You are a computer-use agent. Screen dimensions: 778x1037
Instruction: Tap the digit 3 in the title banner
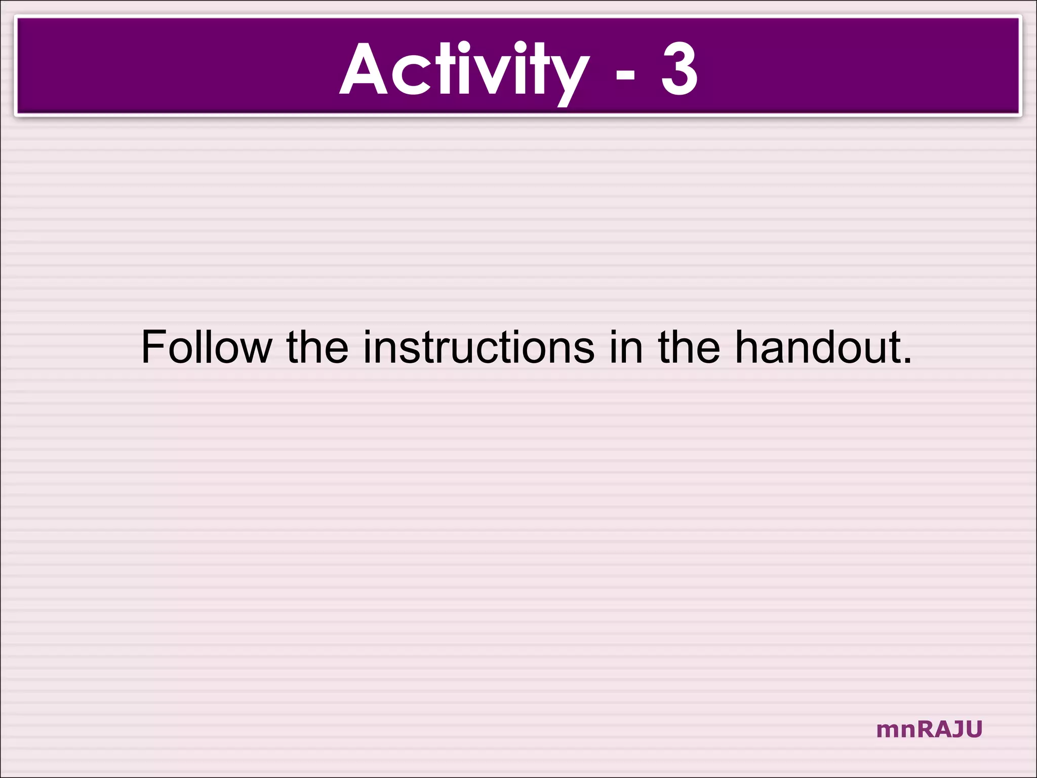680,69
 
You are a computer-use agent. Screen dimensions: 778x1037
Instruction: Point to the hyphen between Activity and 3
625,76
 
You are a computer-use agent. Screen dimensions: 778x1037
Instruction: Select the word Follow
206,347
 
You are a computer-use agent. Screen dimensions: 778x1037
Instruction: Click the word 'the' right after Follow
317,347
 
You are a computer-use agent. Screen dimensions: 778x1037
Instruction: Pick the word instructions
479,347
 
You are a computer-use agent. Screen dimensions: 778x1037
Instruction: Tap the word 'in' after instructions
626,347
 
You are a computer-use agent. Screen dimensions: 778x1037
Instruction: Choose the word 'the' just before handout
689,347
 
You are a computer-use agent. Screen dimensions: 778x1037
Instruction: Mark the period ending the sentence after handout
907,361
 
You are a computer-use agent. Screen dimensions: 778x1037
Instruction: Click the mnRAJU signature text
929,730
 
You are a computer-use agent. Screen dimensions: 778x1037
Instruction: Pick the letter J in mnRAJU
956,730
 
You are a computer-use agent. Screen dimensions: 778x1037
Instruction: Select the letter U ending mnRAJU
973,730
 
